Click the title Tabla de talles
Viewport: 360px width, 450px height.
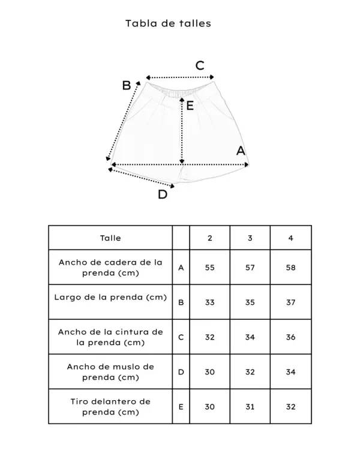168,23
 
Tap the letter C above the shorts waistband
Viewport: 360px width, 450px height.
200,65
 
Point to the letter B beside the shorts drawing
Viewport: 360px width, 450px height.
127,85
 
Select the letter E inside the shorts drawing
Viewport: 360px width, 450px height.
190,106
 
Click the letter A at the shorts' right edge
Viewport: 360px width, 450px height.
241,151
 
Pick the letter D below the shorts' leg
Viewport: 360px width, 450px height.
163,194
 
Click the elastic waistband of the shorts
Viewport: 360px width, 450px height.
181,92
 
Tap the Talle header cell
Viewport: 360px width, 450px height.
110,238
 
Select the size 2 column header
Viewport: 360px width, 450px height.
209,238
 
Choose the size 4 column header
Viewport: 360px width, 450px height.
291,238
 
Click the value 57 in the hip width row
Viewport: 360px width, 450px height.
250,267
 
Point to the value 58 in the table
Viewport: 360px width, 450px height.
291,267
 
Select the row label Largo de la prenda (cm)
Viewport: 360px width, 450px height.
110,297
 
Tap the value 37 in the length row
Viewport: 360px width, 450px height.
291,302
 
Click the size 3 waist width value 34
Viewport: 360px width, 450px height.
250,337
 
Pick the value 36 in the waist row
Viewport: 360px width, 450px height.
291,337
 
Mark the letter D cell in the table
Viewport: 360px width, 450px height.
181,371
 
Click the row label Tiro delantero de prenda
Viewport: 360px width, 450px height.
110,406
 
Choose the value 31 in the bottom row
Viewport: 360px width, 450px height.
250,406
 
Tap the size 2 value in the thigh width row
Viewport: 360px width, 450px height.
209,371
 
